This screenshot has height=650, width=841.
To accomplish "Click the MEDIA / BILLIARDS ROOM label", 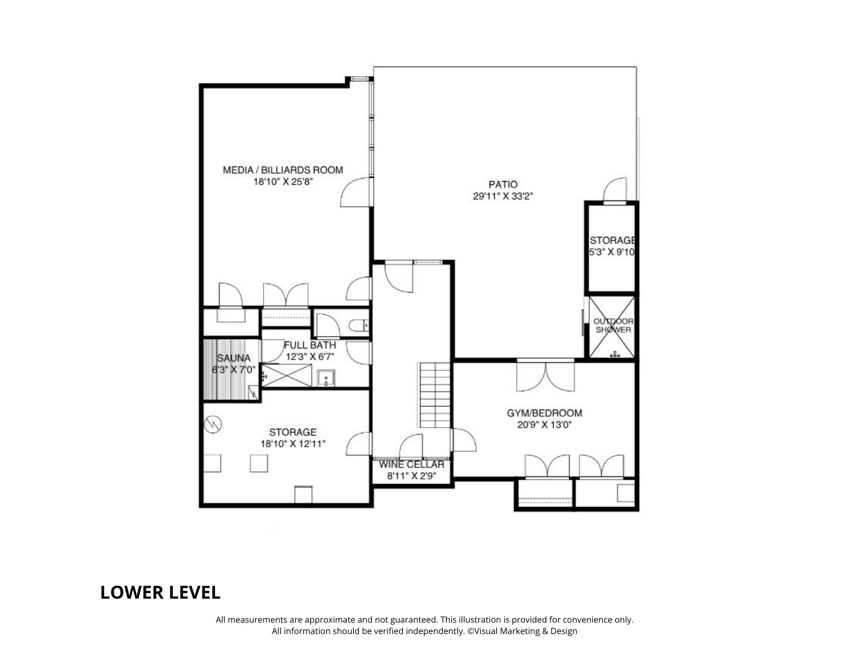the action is pos(283,170).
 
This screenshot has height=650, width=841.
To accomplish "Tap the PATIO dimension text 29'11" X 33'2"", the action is pos(503,196).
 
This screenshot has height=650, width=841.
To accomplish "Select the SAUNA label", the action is pos(233,358).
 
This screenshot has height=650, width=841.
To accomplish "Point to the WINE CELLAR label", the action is pos(411,464).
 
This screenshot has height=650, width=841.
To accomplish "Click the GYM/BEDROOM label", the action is pos(544,413).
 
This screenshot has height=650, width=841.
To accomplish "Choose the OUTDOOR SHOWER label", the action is pos(613,326).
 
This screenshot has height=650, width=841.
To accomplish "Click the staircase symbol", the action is pos(435,395).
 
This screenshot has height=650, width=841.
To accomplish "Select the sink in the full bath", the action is pos(326,378).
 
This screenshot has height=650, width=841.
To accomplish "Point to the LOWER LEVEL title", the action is pos(160,592).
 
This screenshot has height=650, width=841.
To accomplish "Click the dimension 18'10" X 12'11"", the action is pos(293,444).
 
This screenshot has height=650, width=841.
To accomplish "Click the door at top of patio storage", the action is pos(615,190).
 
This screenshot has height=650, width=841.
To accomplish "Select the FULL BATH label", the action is pos(310,345).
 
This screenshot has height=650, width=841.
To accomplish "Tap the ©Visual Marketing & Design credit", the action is pos(522,631).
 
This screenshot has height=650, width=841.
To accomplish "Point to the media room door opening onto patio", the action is pos(356,192).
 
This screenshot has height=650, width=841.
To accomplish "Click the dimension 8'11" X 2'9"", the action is pos(411,476).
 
